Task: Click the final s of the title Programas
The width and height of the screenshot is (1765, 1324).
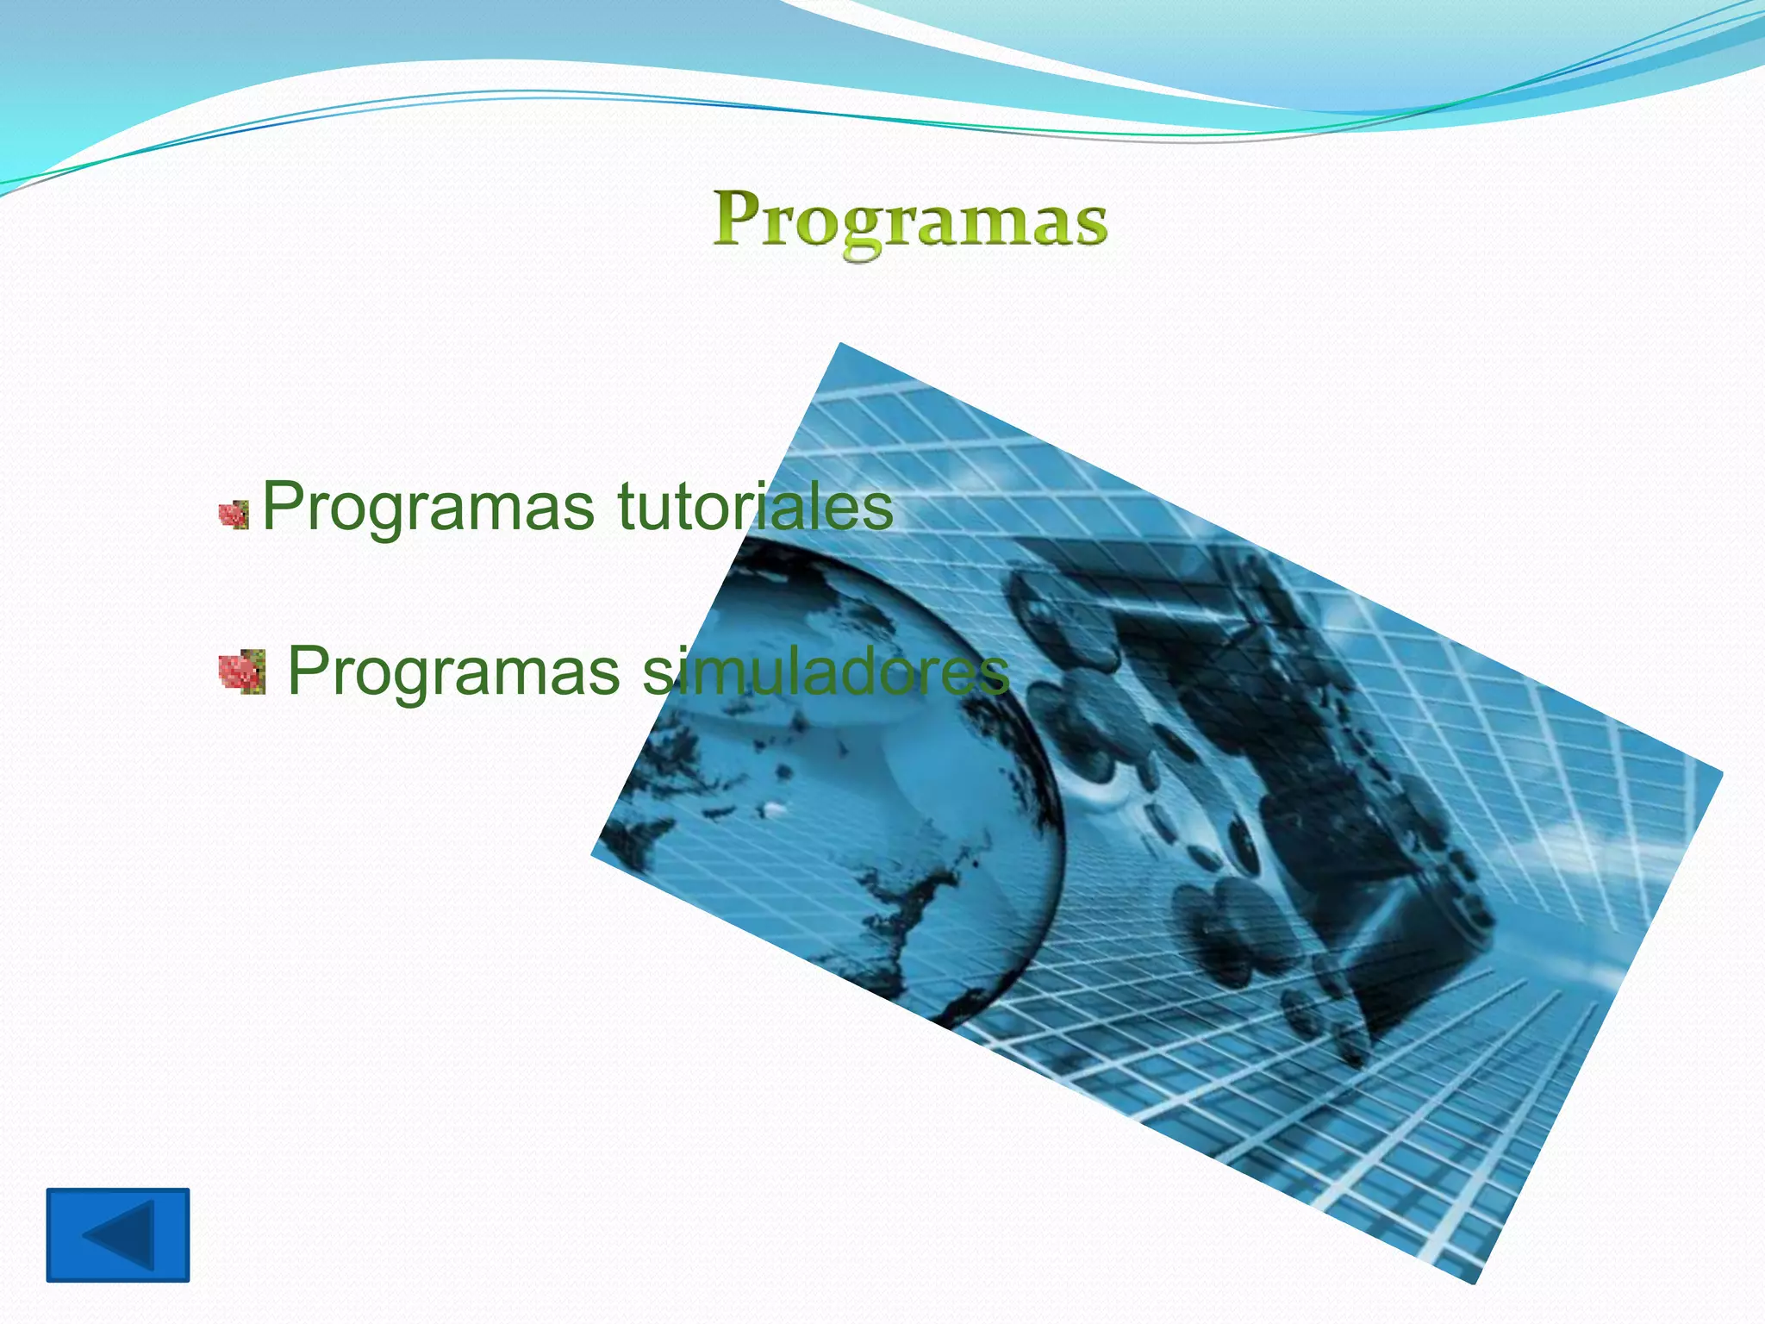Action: (1088, 226)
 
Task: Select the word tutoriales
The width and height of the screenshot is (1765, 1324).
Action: (755, 506)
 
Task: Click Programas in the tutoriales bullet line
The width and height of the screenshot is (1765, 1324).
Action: (427, 508)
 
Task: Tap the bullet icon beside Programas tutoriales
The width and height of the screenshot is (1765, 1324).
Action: (234, 515)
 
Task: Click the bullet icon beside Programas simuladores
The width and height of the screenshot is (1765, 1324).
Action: (241, 672)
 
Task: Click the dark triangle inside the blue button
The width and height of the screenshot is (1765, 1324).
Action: (122, 1234)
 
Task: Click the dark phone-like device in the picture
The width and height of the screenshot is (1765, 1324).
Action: (1293, 776)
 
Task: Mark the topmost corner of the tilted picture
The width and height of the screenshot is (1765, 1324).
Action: (840, 345)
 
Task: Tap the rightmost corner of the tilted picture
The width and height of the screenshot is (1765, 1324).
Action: (1720, 771)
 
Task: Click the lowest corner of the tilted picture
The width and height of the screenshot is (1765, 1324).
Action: (1475, 1283)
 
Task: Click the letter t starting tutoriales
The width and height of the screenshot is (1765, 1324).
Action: (626, 506)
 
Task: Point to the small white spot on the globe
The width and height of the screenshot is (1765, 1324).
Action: (774, 809)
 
